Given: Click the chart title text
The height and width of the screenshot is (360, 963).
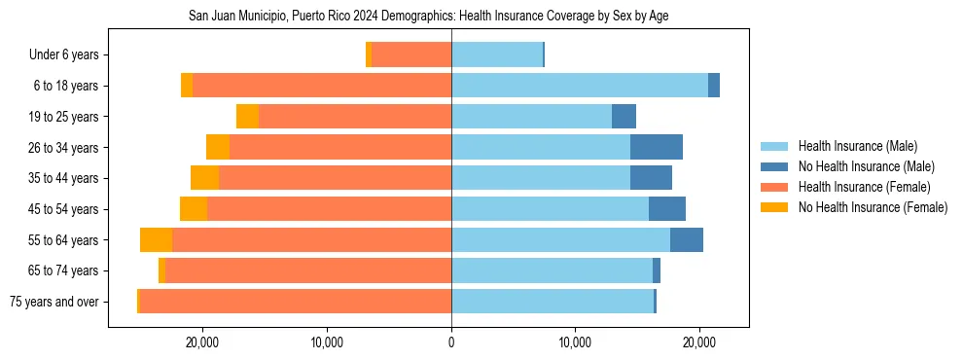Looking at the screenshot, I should pyautogui.click(x=427, y=17).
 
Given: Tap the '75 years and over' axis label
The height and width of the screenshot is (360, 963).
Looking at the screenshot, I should pyautogui.click(x=53, y=302).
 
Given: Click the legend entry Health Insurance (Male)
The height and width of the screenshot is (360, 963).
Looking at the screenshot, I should pyautogui.click(x=857, y=146).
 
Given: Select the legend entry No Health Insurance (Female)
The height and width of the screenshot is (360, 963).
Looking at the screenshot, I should pyautogui.click(x=873, y=207).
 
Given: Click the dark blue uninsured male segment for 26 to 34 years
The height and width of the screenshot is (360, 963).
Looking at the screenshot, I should pyautogui.click(x=656, y=147).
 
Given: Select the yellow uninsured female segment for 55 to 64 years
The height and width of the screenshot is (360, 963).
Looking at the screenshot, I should pyautogui.click(x=156, y=239).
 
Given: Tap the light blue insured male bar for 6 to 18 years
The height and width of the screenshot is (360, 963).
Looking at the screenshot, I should pyautogui.click(x=580, y=86).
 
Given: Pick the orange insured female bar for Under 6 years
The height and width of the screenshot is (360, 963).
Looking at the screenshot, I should pyautogui.click(x=411, y=55).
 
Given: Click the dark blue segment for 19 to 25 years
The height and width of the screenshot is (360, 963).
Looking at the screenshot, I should pyautogui.click(x=624, y=117).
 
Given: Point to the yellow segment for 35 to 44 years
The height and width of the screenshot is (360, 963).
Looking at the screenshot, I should pyautogui.click(x=204, y=178).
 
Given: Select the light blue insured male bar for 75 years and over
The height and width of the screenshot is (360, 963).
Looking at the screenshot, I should pyautogui.click(x=553, y=302).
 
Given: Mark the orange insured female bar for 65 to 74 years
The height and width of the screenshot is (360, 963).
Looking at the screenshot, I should pyautogui.click(x=308, y=270).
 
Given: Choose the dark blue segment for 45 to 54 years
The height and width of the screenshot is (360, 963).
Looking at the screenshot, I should pyautogui.click(x=666, y=209).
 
